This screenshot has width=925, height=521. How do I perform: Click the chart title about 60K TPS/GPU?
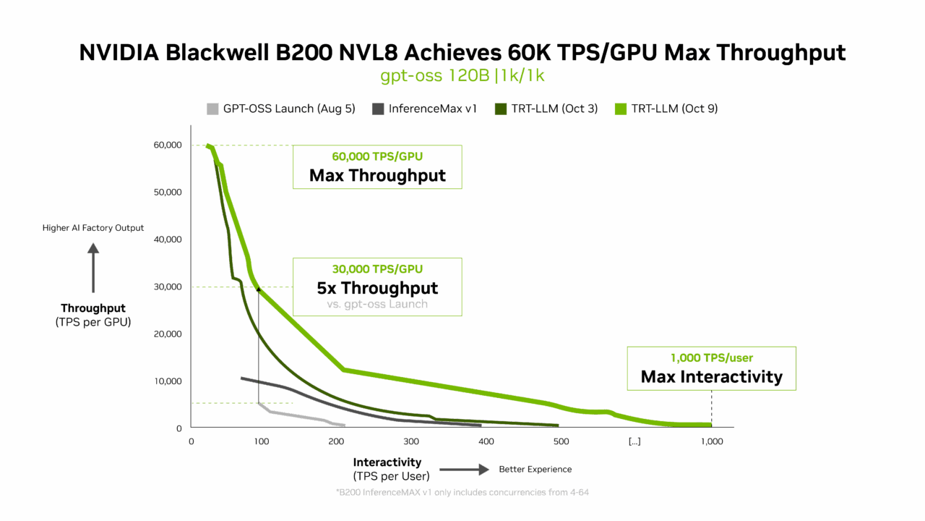pos(462,53)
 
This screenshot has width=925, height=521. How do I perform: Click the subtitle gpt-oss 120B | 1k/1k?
pos(462,76)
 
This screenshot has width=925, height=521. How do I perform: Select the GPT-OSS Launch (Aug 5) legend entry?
pos(281,109)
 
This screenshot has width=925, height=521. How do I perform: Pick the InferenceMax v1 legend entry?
pos(425,109)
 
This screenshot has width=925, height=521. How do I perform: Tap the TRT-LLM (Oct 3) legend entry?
pos(546,109)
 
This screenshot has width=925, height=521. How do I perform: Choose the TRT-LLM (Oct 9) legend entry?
pos(666,109)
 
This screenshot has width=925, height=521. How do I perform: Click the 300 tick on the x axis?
pos(410,442)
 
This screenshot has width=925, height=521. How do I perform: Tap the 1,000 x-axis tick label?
pos(712,442)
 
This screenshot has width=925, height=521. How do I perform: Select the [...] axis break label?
pos(634,442)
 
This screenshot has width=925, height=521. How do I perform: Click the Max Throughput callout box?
pos(377,167)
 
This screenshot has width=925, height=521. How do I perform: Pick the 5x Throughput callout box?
pos(377,287)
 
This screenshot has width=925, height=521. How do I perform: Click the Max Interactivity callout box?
pos(711,369)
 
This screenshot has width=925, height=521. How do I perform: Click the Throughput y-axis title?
pos(93,315)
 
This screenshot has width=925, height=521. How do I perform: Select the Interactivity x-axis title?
pos(387,469)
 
